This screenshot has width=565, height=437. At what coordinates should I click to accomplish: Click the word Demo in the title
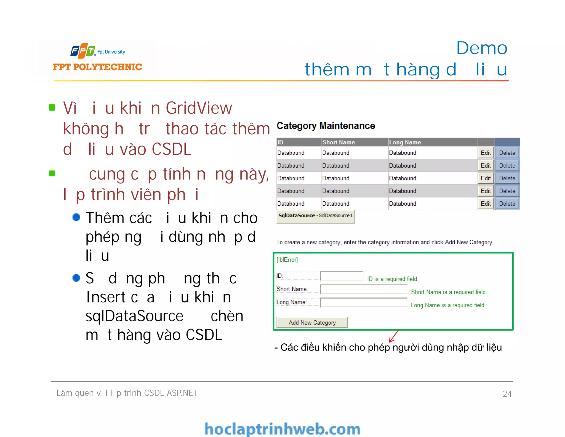482,48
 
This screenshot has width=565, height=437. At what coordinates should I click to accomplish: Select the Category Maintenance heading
326,126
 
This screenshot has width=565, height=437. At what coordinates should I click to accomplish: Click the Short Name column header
339,142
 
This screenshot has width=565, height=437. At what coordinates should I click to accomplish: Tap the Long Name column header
405,142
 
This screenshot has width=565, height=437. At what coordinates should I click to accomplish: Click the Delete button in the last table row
507,204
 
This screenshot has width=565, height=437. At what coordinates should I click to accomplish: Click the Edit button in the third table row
486,178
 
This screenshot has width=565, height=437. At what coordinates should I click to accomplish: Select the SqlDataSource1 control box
315,216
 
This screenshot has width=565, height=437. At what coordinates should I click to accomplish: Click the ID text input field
342,276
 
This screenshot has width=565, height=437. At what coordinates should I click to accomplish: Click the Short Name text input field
363,289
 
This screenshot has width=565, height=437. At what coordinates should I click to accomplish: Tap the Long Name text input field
363,302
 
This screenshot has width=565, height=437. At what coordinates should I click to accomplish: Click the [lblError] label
287,260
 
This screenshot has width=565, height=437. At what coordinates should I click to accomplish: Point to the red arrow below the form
394,336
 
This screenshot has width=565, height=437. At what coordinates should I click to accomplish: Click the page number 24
507,394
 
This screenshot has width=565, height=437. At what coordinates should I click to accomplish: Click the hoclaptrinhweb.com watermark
282,429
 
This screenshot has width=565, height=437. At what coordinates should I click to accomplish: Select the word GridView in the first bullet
199,108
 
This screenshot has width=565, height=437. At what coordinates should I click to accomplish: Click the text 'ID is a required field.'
393,279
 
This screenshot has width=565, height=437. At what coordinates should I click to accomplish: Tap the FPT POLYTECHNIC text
98,67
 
